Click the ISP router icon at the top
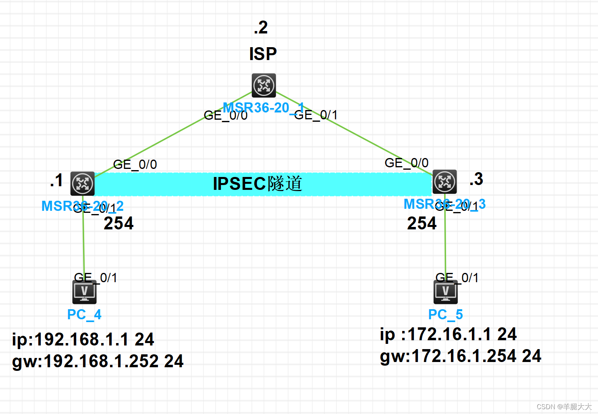(264, 85)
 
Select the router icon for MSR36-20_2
(83, 184)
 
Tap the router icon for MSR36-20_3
(444, 182)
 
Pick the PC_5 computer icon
(446, 292)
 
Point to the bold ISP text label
(263, 54)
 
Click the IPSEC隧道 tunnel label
(257, 184)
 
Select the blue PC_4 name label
(84, 314)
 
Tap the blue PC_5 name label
(445, 314)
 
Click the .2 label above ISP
(261, 27)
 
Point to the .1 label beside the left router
(56, 180)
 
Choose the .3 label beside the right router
(476, 179)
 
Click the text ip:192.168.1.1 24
(83, 339)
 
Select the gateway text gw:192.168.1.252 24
(98, 361)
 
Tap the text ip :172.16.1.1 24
(448, 334)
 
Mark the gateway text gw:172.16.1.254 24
(461, 356)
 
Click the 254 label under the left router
(118, 223)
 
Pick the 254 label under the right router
(422, 223)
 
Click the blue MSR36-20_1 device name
(263, 108)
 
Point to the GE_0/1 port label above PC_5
(457, 278)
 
